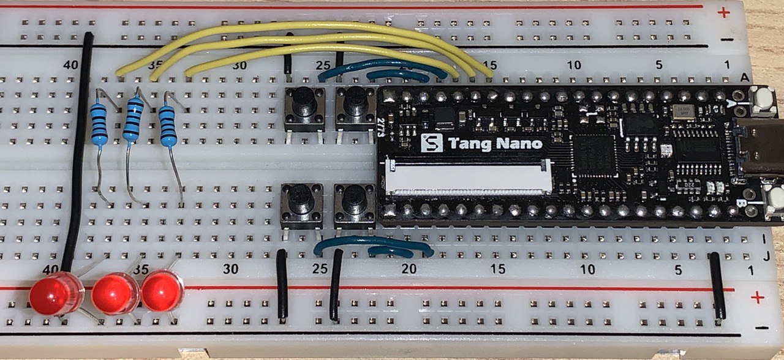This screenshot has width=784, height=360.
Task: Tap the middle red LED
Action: click(x=115, y=293)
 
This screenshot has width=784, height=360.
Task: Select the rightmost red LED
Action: click(x=162, y=291)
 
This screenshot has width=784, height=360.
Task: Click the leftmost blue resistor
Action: click(x=99, y=123)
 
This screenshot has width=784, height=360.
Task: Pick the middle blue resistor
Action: click(x=132, y=119)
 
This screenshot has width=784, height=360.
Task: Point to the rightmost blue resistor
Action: click(x=167, y=126)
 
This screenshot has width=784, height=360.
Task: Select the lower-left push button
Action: click(x=301, y=203)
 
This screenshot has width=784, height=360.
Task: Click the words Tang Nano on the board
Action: click(x=495, y=144)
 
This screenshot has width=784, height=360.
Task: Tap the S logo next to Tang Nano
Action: click(x=433, y=144)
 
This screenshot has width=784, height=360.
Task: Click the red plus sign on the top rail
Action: click(x=724, y=12)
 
